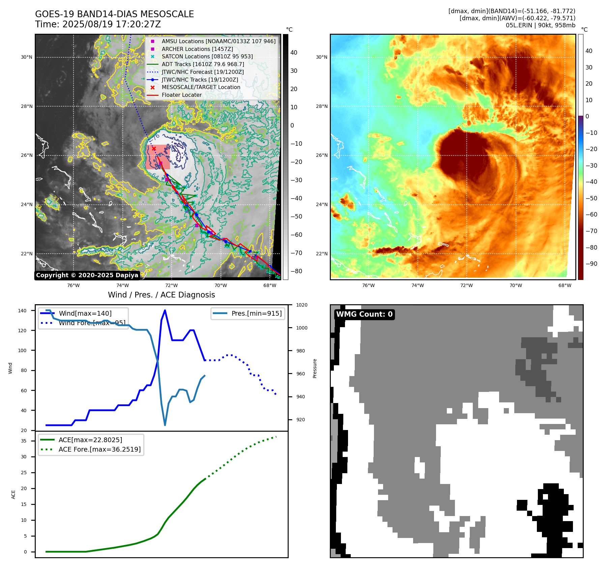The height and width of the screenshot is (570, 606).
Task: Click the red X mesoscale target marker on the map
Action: click(x=154, y=148)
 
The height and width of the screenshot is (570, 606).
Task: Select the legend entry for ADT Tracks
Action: click(x=203, y=64)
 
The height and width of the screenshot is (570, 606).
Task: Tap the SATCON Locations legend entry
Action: click(x=207, y=56)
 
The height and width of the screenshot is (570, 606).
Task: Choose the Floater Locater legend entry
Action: click(x=181, y=95)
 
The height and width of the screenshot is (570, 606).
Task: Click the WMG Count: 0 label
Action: click(x=364, y=314)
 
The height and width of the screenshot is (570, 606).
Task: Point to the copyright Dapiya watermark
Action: click(x=87, y=275)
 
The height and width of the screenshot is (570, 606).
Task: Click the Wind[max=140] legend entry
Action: click(x=85, y=313)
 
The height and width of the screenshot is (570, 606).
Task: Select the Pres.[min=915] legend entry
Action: click(x=256, y=313)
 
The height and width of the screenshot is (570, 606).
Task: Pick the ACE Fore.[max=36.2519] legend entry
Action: click(x=99, y=449)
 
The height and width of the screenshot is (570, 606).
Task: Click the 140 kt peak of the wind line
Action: click(x=165, y=310)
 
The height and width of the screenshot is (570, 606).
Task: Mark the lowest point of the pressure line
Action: click(x=165, y=425)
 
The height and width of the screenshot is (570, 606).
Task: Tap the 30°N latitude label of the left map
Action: click(x=27, y=57)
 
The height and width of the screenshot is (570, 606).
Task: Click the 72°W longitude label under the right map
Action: click(x=466, y=285)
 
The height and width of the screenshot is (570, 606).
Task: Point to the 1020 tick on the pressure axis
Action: click(x=302, y=305)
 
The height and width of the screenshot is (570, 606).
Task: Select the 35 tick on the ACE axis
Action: click(x=24, y=441)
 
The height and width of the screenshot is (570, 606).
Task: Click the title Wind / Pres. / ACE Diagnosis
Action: click(x=161, y=295)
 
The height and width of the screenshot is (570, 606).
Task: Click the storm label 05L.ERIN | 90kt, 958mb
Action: click(x=540, y=25)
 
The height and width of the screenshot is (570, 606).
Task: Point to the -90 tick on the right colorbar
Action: click(x=591, y=264)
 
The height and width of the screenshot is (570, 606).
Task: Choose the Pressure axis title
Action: click(x=315, y=368)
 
